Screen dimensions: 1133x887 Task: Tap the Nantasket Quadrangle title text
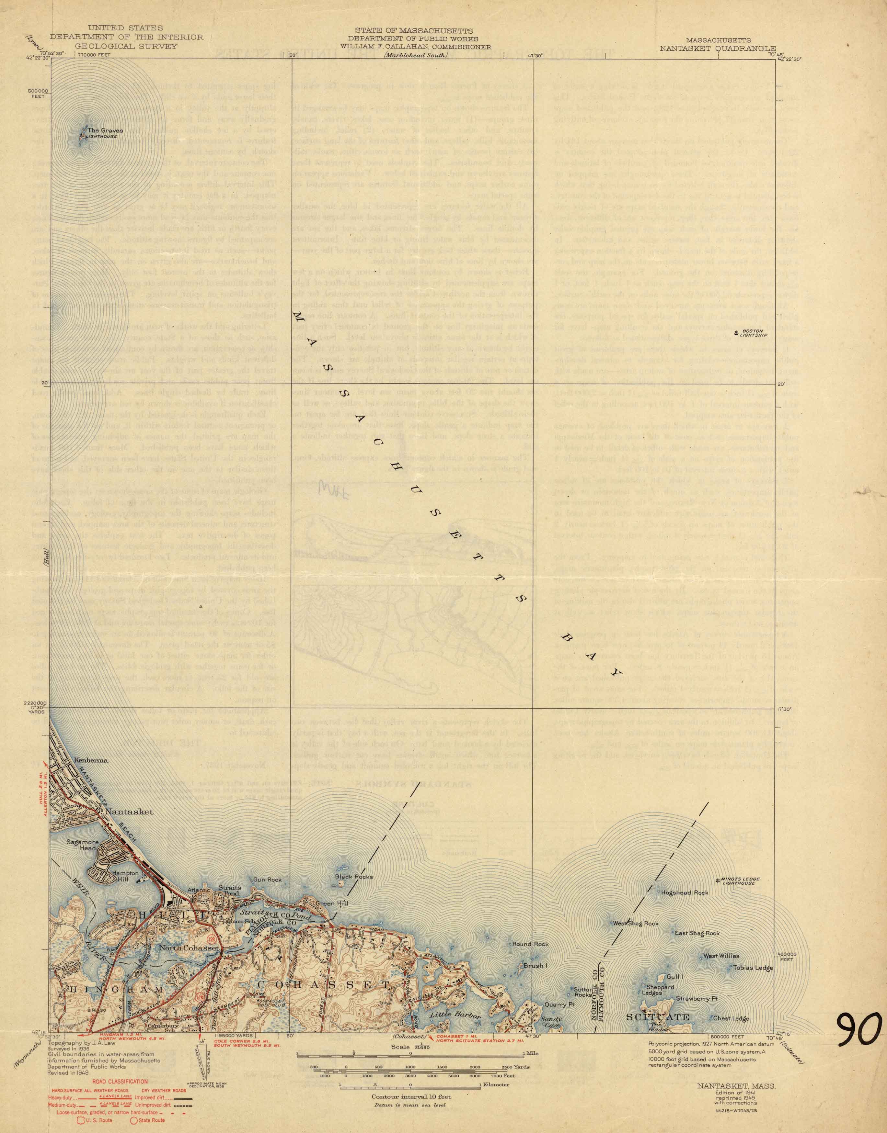pos(717,46)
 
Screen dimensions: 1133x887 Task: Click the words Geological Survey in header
pos(112,46)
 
